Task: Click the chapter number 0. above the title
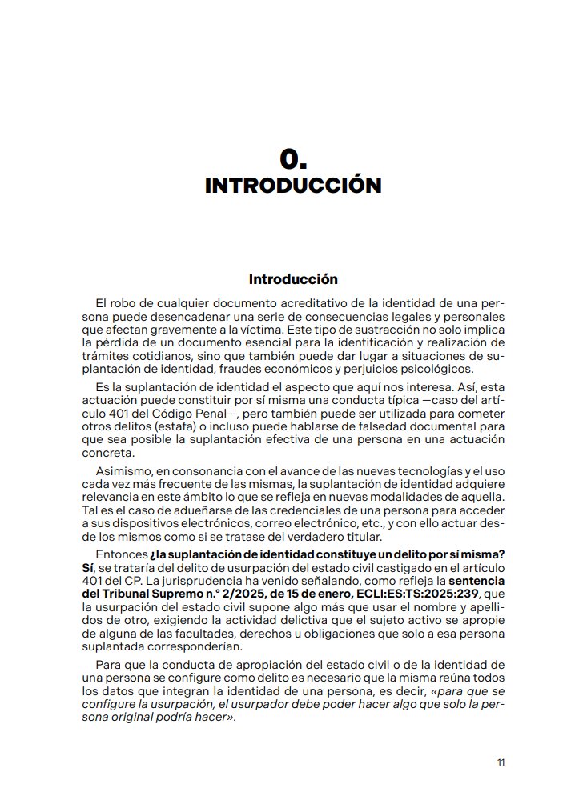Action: (x=293, y=157)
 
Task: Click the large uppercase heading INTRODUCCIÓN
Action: (x=293, y=185)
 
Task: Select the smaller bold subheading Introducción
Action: (x=293, y=279)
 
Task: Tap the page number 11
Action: (x=501, y=762)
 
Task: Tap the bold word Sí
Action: (x=88, y=567)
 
